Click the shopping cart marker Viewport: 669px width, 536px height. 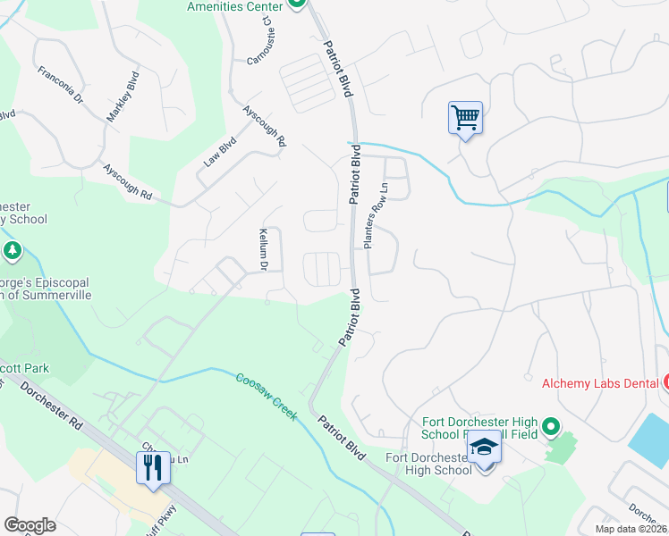[x=465, y=117]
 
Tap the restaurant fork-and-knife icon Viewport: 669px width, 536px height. [x=151, y=466]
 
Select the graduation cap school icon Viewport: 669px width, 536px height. [x=484, y=447]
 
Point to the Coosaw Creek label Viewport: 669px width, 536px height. [x=266, y=393]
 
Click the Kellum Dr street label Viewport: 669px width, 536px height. [x=263, y=248]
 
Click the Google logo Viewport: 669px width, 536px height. [x=30, y=525]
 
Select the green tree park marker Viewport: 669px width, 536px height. [x=13, y=251]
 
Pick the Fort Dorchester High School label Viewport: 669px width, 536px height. [x=428, y=465]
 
